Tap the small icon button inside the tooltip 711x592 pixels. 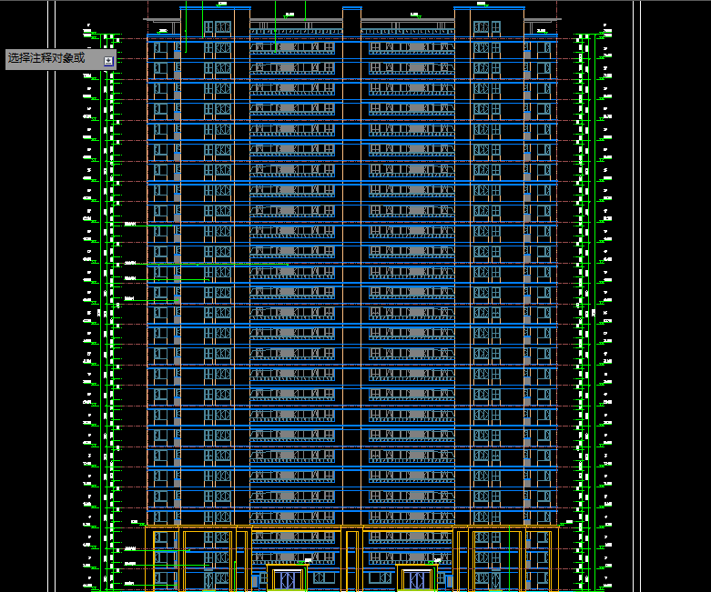coord(108,60)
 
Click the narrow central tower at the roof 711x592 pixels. coord(351,23)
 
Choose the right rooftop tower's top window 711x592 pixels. coord(482,26)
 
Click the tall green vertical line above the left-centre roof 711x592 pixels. coord(275,25)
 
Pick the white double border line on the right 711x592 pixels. coord(638,300)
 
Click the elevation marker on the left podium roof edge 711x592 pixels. coord(135,522)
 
